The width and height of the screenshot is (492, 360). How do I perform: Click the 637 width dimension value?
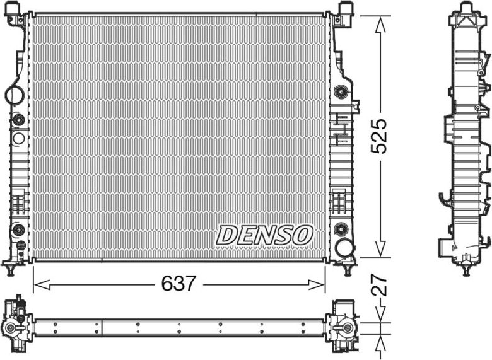click(179, 284)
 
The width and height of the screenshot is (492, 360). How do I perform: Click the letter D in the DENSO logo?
click(228, 236)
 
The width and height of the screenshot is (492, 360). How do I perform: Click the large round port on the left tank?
click(14, 95)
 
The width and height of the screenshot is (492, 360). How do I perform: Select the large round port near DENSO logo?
click(344, 247)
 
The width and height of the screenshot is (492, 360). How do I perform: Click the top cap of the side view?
click(466, 8)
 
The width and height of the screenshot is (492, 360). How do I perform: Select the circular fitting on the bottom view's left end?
click(12, 328)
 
